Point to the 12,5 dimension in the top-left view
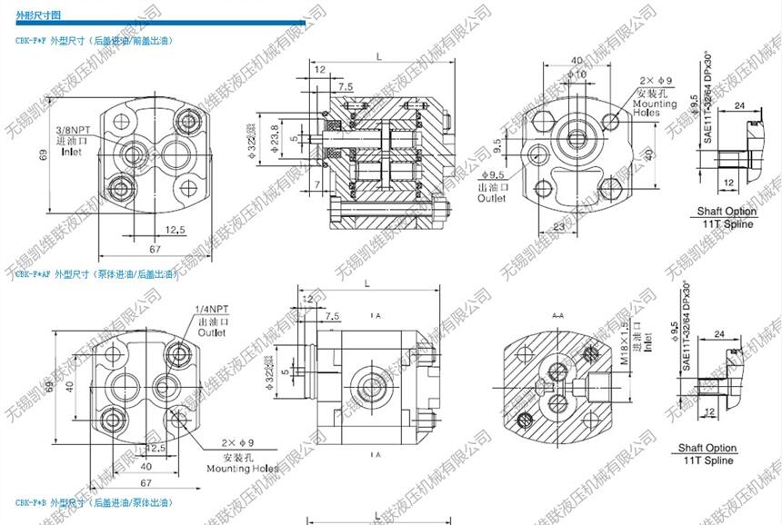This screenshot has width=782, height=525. (175, 231)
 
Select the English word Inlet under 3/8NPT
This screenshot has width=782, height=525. (72, 153)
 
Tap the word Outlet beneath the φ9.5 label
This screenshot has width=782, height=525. (492, 197)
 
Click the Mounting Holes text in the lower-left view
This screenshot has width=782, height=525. (242, 469)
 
